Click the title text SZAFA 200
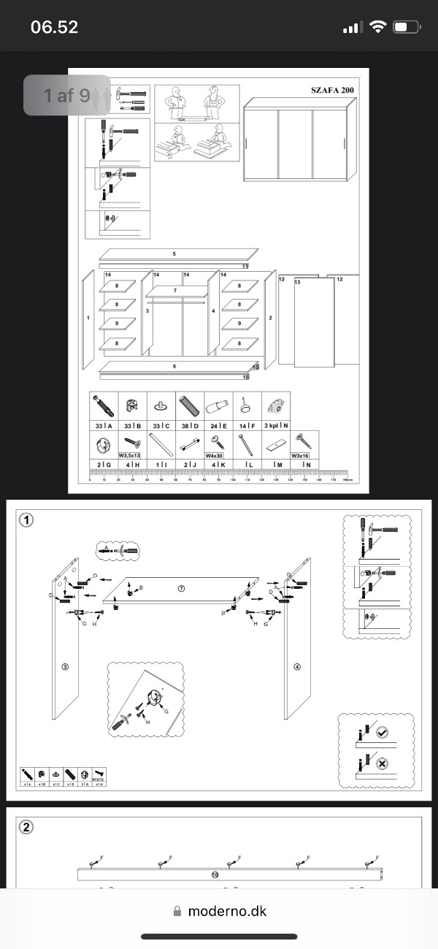coord(332,91)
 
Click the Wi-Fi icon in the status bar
coord(377,28)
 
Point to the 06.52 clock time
coord(54,28)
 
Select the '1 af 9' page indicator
coord(66,95)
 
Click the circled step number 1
coord(26,520)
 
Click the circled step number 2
coord(26,828)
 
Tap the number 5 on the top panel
coord(174,254)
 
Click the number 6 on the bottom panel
coord(174,366)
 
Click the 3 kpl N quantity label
coord(276,425)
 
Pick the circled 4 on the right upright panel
coord(297,667)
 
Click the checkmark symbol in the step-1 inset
coord(382,732)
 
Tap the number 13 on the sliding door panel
coord(297,281)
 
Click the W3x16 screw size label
coord(301,454)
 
